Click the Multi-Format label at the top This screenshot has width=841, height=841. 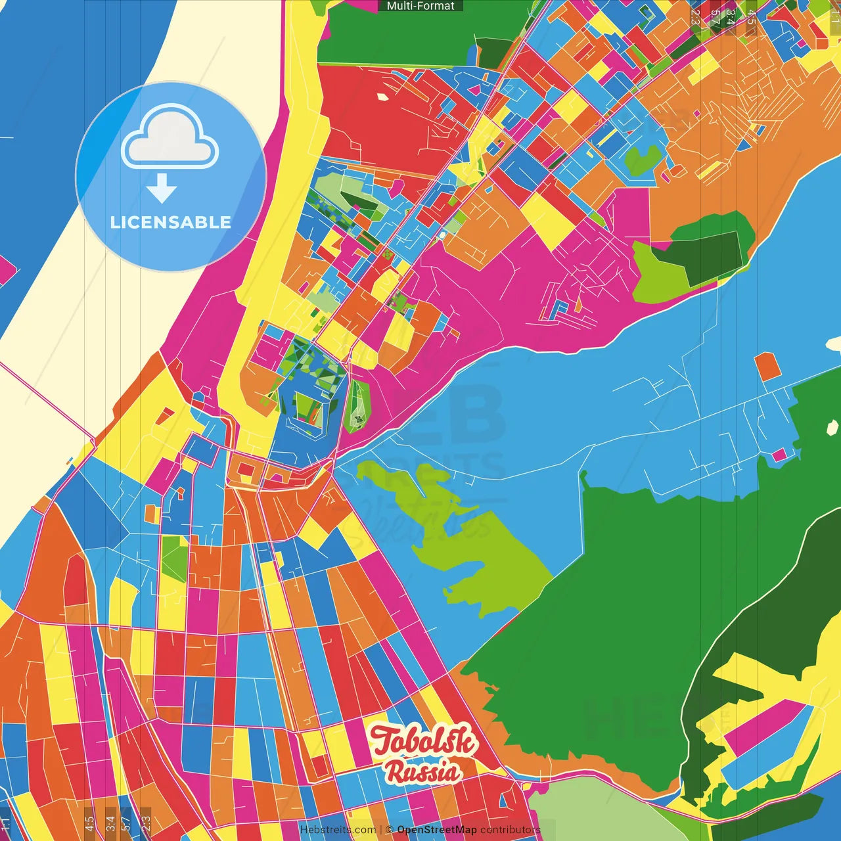[x=420, y=6]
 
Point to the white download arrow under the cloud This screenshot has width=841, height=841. [x=162, y=189]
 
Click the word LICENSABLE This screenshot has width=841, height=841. [x=171, y=222]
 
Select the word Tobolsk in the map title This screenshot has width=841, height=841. [x=424, y=740]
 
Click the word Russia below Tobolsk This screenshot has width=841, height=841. [x=422, y=772]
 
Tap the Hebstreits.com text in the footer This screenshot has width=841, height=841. [x=338, y=830]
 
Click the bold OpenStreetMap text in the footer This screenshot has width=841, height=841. [x=437, y=830]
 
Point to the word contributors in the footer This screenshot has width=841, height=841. [x=510, y=830]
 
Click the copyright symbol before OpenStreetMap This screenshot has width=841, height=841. [x=390, y=830]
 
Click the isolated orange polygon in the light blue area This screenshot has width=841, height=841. [x=767, y=367]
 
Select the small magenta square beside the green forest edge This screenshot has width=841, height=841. [x=779, y=455]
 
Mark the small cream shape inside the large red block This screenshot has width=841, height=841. [x=383, y=97]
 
